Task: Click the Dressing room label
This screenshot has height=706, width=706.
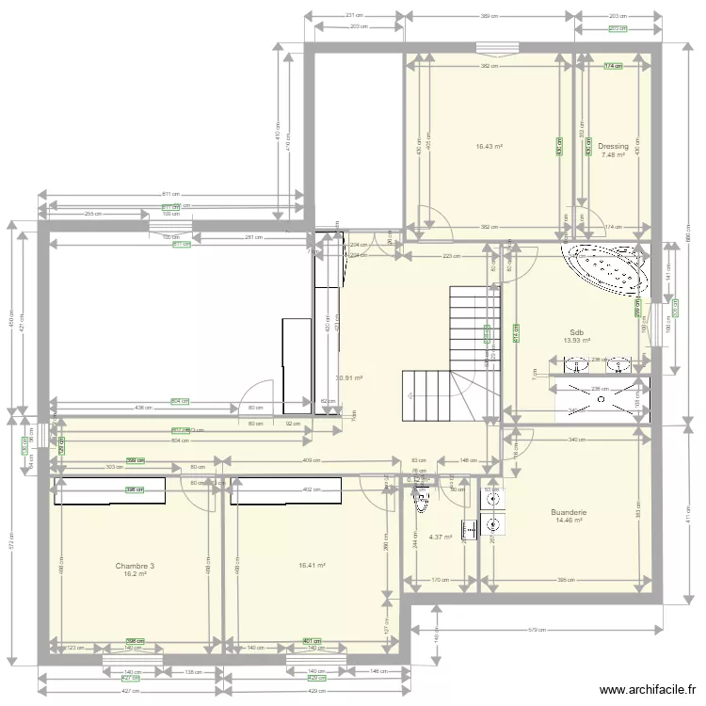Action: [613, 147]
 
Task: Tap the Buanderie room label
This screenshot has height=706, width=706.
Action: [570, 512]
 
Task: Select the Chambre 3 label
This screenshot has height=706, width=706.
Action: [135, 566]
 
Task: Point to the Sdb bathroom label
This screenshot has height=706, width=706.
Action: [577, 332]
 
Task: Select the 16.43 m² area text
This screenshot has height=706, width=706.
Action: [489, 147]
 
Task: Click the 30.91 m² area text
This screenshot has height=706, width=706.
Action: [349, 378]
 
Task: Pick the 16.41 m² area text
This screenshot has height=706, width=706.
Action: [312, 566]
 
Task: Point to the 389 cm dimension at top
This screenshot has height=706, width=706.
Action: [489, 16]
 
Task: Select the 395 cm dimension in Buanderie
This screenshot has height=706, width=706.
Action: [566, 580]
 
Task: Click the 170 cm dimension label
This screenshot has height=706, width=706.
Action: [440, 580]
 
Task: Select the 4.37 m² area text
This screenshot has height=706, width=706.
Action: [441, 538]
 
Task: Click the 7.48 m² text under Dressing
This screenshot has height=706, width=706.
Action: [613, 155]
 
